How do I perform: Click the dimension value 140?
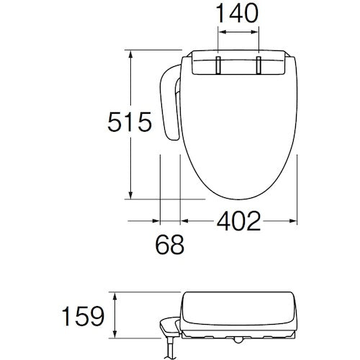coord(237,14)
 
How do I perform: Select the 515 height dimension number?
coord(130,122)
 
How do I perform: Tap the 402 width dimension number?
coord(238,221)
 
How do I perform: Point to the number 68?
coord(170,245)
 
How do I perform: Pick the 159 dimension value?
coord(83,316)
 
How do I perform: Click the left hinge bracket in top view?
coord(218,65)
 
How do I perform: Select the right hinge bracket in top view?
coord(258,65)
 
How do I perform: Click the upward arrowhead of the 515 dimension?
coord(130,55)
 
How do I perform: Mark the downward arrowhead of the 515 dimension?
coord(130,195)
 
